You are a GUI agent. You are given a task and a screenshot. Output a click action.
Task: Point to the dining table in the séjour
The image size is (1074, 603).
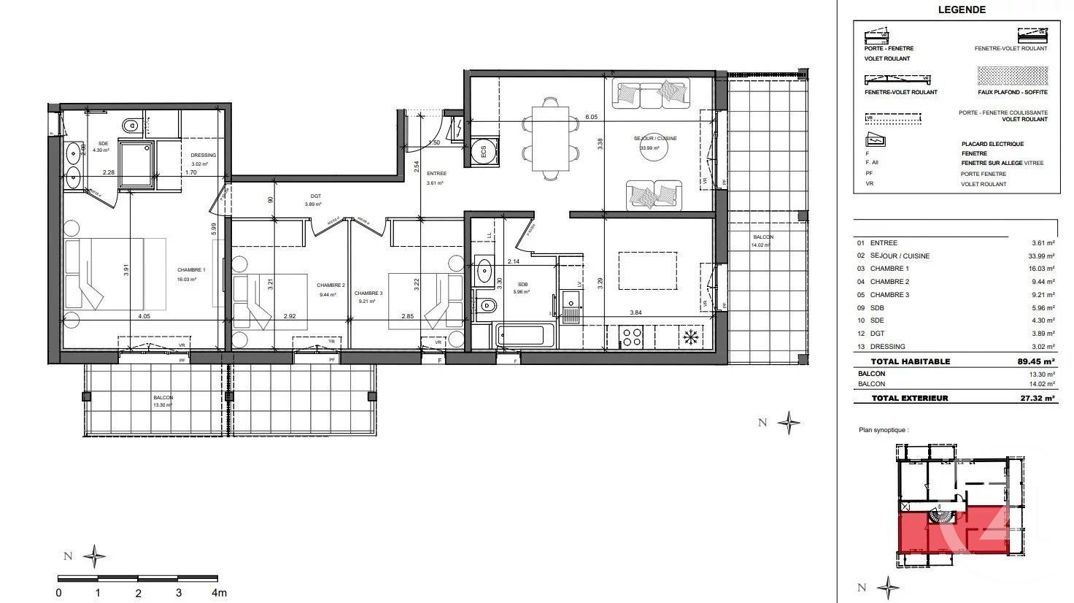551,139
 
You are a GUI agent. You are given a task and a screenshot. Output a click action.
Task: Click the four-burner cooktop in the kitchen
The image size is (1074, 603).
630,337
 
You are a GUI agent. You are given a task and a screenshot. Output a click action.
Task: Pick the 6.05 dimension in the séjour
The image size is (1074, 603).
591,117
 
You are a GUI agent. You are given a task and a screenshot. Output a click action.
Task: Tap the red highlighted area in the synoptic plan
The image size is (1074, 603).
949,533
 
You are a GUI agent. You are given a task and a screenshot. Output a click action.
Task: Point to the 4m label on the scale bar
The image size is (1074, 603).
219,593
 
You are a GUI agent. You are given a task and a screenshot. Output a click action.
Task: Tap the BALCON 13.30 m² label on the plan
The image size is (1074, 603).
163,401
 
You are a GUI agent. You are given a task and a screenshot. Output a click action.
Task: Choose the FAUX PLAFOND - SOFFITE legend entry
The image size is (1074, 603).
1013,92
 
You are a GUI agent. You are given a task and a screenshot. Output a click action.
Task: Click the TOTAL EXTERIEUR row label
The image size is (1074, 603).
909,399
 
